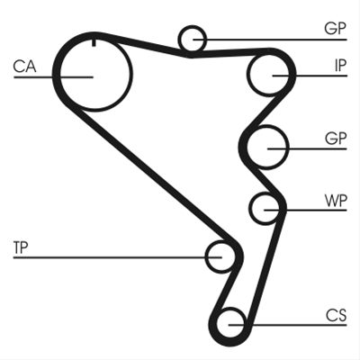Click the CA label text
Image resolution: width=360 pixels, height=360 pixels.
[24, 67]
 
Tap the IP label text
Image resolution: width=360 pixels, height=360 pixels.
[340, 66]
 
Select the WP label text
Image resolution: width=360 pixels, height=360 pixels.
[336, 201]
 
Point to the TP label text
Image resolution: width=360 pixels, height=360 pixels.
[21, 247]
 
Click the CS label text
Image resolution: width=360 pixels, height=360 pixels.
[336, 315]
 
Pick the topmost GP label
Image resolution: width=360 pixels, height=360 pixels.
[336, 29]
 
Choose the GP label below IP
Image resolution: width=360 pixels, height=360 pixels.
[336, 139]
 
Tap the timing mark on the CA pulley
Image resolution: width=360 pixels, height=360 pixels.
[94, 42]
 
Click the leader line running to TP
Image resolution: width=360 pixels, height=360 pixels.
[117, 257]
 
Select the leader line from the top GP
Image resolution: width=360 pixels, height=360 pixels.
[270, 40]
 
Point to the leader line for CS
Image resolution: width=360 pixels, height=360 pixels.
[288, 325]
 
